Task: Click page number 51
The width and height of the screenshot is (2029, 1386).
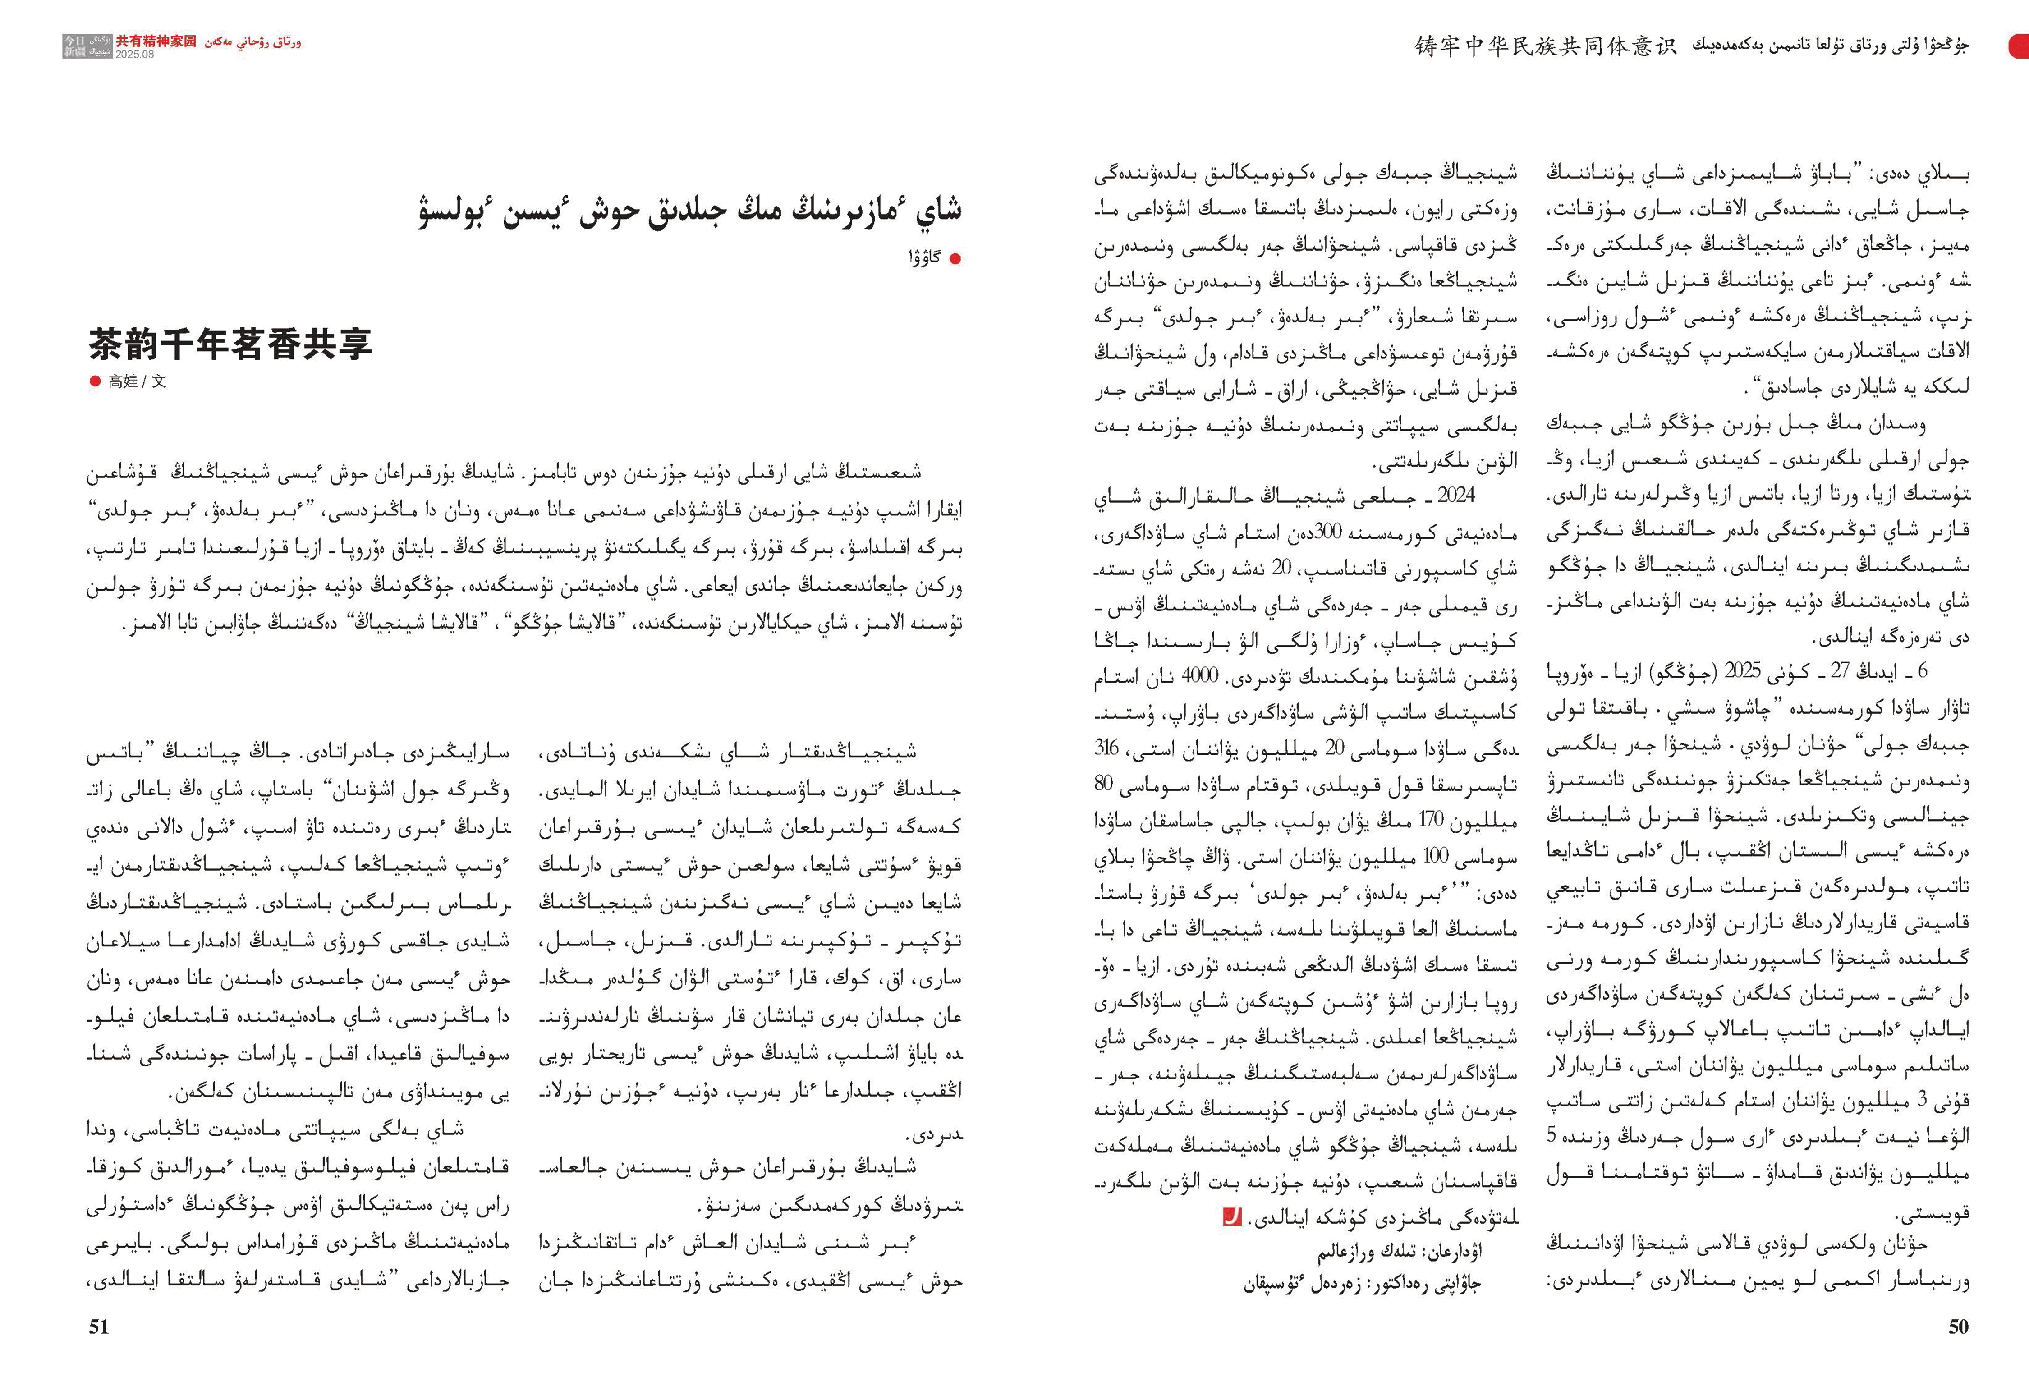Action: point(99,1326)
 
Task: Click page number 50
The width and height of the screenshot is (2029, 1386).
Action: point(1958,1326)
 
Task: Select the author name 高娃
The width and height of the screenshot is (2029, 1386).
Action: point(123,381)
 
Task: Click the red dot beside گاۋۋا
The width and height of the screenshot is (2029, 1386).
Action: point(955,258)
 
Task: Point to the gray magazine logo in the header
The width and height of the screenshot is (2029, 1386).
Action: point(87,46)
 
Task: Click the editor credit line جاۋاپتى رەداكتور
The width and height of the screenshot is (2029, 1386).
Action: point(1362,1285)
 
